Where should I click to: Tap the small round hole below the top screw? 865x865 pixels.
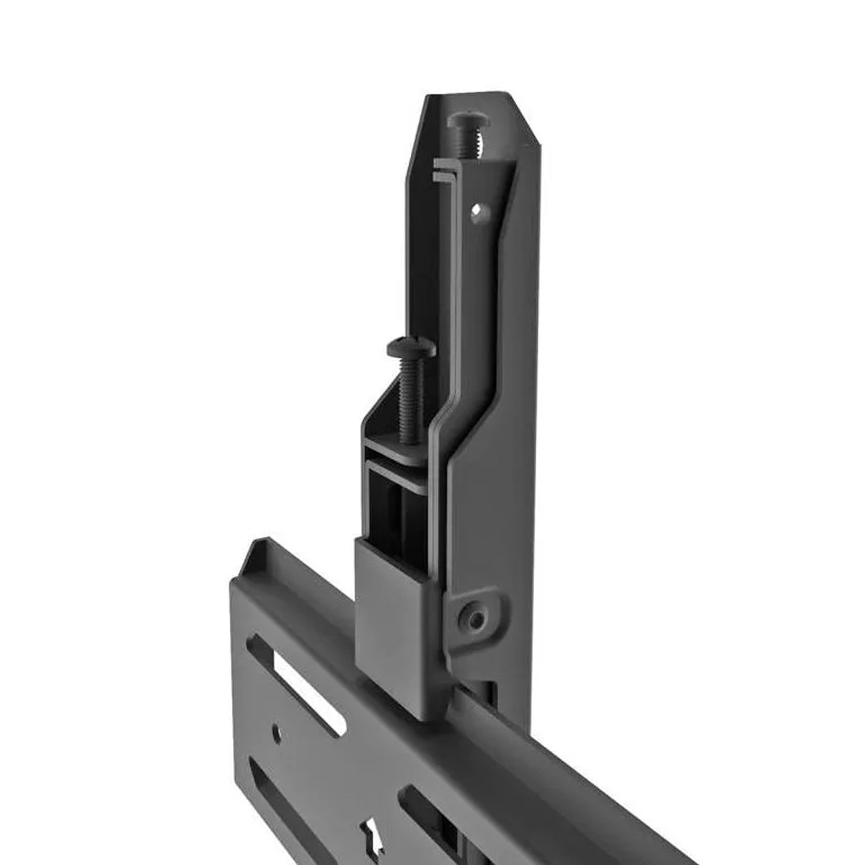[x=476, y=211]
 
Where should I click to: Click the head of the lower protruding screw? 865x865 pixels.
[x=411, y=348]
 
